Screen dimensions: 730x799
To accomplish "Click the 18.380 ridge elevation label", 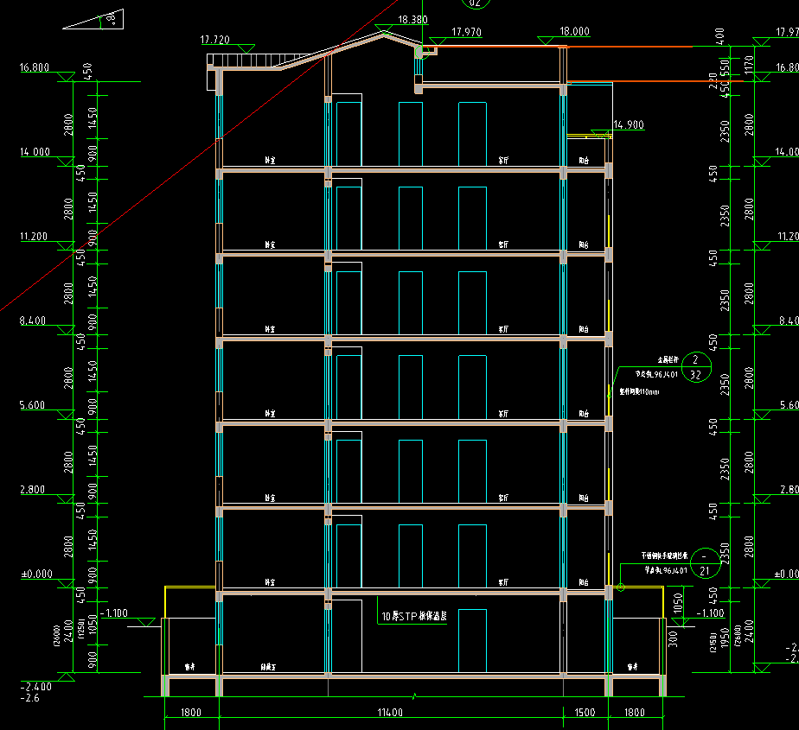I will tap(412, 20).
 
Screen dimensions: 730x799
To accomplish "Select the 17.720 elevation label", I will tap(214, 40).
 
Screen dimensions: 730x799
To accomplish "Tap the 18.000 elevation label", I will tap(575, 32).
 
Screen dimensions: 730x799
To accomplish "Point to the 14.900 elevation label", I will tap(629, 124).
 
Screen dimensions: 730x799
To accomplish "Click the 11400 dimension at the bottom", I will tap(391, 713).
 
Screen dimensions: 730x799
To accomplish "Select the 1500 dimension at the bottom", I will tap(585, 713).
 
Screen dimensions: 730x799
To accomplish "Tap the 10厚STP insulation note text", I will tap(413, 618).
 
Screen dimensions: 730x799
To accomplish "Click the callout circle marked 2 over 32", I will tap(696, 367).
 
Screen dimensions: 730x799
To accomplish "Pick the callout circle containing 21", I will tap(705, 563).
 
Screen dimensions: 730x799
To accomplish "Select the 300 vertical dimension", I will tap(674, 637).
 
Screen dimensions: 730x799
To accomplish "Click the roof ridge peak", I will tap(381, 33).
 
